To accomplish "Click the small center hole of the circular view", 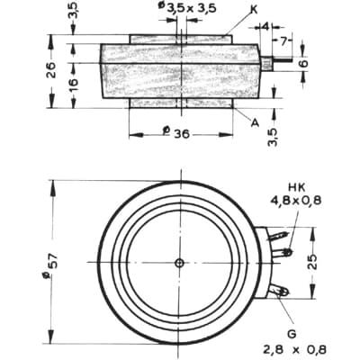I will (x=180, y=263).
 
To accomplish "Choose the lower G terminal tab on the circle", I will (x=283, y=291).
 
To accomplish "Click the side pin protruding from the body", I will (x=282, y=63).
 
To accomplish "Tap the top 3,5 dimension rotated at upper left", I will (x=73, y=13).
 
